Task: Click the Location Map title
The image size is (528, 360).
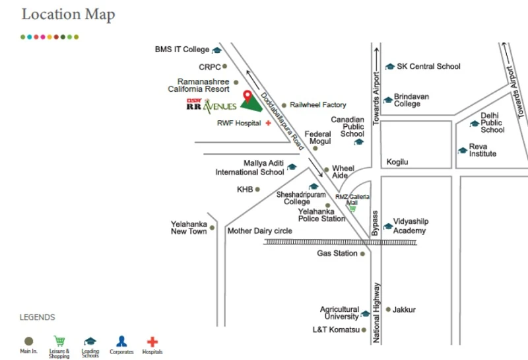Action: pyautogui.click(x=68, y=15)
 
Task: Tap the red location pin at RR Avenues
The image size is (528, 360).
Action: pyautogui.click(x=247, y=96)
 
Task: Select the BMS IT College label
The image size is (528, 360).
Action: pyautogui.click(x=182, y=50)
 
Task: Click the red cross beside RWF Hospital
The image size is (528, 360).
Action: pyautogui.click(x=269, y=123)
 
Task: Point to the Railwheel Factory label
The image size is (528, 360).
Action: pyautogui.click(x=318, y=105)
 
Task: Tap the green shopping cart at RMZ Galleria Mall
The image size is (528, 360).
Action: pyautogui.click(x=352, y=209)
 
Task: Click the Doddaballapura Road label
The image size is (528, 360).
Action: pyautogui.click(x=282, y=120)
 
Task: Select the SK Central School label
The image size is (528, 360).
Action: pyautogui.click(x=428, y=67)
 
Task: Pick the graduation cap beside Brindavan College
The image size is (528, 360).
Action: pyautogui.click(x=389, y=100)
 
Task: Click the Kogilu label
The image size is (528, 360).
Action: pyautogui.click(x=398, y=162)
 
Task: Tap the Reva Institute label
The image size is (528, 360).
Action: pyautogui.click(x=482, y=150)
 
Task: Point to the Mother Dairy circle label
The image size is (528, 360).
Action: pyautogui.click(x=260, y=231)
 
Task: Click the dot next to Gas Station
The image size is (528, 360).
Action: pyautogui.click(x=362, y=254)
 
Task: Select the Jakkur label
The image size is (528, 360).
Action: pyautogui.click(x=405, y=310)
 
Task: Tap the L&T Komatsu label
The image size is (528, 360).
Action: pyautogui.click(x=336, y=330)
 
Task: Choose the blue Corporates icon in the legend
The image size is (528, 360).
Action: pyautogui.click(x=121, y=342)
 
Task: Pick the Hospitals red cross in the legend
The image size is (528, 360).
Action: pyautogui.click(x=152, y=342)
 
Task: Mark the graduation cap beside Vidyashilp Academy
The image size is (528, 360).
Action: pyautogui.click(x=388, y=227)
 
